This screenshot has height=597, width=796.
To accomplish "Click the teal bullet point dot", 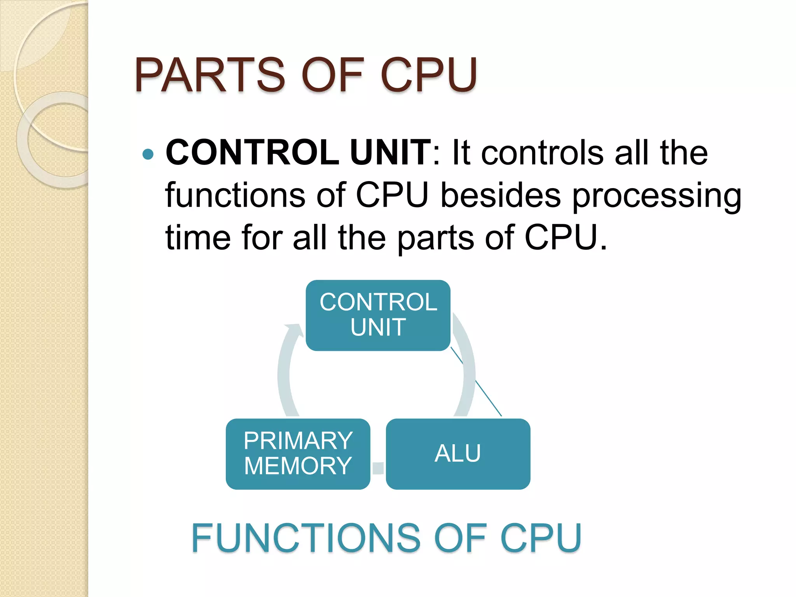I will click(x=148, y=154).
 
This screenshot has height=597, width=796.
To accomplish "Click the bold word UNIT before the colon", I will click(x=390, y=152).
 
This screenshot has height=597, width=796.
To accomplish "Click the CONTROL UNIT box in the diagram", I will click(x=378, y=315).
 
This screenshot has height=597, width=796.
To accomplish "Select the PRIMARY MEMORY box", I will click(x=298, y=454).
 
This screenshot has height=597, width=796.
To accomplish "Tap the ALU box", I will click(x=458, y=454).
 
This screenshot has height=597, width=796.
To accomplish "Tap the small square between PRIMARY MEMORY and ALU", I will click(x=378, y=468).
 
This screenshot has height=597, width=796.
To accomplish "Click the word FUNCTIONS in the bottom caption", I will click(x=305, y=538).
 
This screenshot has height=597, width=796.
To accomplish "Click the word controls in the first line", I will click(x=542, y=152).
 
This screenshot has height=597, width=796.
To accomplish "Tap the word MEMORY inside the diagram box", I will click(x=298, y=466).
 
